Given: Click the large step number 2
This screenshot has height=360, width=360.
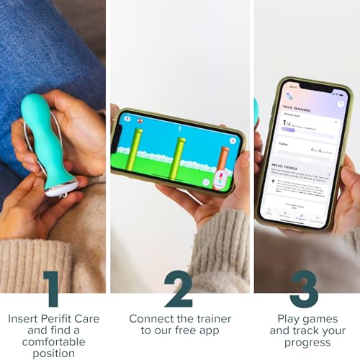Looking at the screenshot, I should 179,288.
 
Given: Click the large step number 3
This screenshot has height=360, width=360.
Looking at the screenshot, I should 305,288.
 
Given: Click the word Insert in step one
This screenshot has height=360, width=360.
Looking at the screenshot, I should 24,318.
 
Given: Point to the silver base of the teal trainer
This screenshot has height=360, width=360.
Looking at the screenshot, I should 60,192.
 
